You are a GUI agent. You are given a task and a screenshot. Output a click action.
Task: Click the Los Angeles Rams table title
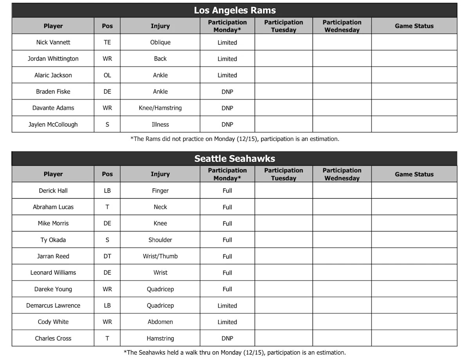click(235, 11)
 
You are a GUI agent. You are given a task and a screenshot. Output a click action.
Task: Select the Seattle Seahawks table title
click(235, 159)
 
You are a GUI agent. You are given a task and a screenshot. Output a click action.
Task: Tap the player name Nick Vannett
click(53, 42)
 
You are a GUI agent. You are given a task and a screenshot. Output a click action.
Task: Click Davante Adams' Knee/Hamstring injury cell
click(160, 108)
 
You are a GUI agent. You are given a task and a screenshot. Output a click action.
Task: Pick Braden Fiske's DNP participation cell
click(227, 92)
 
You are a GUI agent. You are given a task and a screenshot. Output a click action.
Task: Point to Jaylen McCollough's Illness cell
click(160, 125)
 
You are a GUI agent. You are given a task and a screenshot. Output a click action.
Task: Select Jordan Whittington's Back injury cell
click(160, 59)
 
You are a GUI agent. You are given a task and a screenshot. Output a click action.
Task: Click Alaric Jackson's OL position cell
click(107, 75)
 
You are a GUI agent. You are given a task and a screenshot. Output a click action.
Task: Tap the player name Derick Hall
click(53, 191)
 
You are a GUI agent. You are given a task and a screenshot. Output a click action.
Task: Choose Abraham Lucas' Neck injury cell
click(160, 207)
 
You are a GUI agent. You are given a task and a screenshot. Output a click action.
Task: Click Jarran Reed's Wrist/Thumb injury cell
click(160, 256)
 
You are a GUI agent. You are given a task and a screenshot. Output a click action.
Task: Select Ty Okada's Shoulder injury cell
click(160, 240)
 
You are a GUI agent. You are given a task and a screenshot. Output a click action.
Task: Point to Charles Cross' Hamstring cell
click(160, 338)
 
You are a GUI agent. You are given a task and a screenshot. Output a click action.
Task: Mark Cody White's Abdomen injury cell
click(160, 322)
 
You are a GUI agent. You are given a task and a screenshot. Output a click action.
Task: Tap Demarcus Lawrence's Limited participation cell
click(227, 306)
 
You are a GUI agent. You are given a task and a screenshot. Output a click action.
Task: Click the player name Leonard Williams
click(53, 273)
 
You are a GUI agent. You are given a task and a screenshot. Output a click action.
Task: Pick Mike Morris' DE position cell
click(107, 223)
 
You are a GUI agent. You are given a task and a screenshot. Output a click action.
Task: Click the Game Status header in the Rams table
click(414, 26)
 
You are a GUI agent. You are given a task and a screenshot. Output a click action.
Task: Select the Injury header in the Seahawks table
click(160, 174)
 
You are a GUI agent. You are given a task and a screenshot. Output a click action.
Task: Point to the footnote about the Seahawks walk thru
click(235, 353)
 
